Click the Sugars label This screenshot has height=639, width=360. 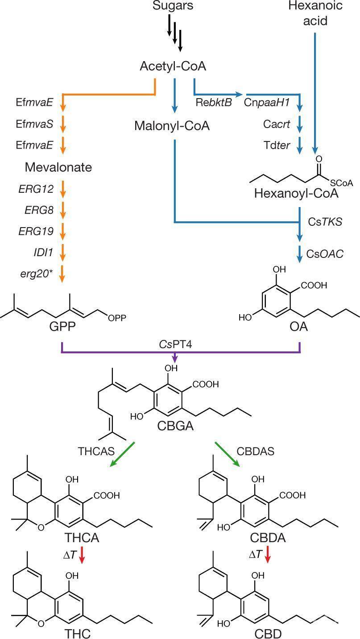click(172, 6)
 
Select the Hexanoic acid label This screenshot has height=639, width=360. click(315, 13)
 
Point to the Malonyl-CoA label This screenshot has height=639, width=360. click(172, 126)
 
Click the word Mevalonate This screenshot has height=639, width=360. click(58, 167)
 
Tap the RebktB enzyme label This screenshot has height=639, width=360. click(214, 102)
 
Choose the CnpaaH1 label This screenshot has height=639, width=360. click(267, 102)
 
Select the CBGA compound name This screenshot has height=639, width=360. click(175, 426)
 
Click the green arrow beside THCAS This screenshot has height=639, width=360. click(122, 455)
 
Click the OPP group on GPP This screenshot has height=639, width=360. click(117, 318)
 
